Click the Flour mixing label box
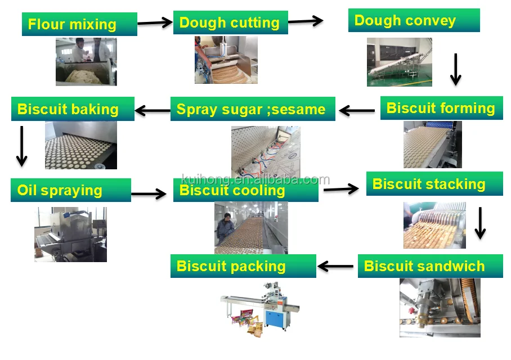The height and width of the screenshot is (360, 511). (x=79, y=24)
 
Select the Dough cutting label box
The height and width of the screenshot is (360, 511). (x=230, y=22)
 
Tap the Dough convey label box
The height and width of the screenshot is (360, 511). (x=414, y=20)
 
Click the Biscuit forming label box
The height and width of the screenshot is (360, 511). (x=441, y=108)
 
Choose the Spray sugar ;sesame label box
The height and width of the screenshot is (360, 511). (x=253, y=109)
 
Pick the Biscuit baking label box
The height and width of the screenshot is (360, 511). (x=73, y=109)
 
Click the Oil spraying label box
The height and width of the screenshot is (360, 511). (x=70, y=190)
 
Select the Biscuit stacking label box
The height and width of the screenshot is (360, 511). (x=434, y=184)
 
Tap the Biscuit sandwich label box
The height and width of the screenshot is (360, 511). (x=430, y=266)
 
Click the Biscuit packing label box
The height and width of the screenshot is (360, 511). (x=243, y=265)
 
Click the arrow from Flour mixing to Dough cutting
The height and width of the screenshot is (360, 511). (x=155, y=22)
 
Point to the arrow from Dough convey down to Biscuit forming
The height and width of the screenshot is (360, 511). (x=456, y=69)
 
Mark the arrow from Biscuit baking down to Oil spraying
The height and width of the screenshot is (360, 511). (x=21, y=146)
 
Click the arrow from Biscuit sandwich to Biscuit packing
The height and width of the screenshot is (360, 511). (x=336, y=266)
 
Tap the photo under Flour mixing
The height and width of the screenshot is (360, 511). (x=86, y=61)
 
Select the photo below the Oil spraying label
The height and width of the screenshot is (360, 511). (x=70, y=234)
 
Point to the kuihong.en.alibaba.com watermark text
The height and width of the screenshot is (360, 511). (x=255, y=179)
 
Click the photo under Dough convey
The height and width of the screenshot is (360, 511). (x=399, y=62)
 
